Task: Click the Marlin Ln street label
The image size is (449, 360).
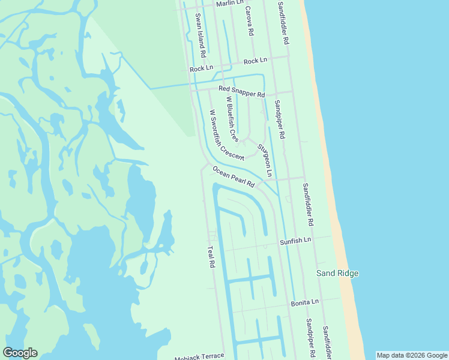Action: pos(230,3)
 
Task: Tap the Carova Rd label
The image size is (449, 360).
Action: pos(249,23)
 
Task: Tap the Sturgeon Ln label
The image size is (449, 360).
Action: pos(265,160)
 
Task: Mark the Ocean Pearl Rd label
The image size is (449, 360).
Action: pos(233,177)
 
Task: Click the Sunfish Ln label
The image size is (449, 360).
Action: pos(295,241)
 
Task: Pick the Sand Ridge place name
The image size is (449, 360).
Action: pos(337,274)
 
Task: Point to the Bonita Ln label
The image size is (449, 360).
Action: pos(306,303)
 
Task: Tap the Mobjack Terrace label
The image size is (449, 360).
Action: pos(199,356)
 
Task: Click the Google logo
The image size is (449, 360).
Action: pos(20,353)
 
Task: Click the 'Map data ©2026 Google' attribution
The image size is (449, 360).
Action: pos(412,355)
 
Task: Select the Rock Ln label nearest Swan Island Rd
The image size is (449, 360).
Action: pos(201,69)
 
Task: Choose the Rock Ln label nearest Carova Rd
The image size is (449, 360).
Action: pos(255,61)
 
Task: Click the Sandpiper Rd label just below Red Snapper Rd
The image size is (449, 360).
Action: pos(280,119)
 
